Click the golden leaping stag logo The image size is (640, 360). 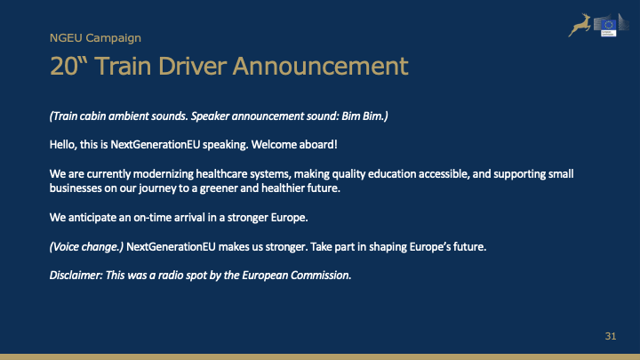[x=580, y=25]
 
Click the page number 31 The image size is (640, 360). [x=611, y=336]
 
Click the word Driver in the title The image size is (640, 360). [x=192, y=66]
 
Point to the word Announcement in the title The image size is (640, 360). [x=320, y=66]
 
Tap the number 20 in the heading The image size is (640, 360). [x=64, y=66]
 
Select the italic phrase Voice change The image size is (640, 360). [x=86, y=247]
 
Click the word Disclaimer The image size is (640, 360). [x=76, y=275]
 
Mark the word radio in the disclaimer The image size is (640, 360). [x=171, y=275]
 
